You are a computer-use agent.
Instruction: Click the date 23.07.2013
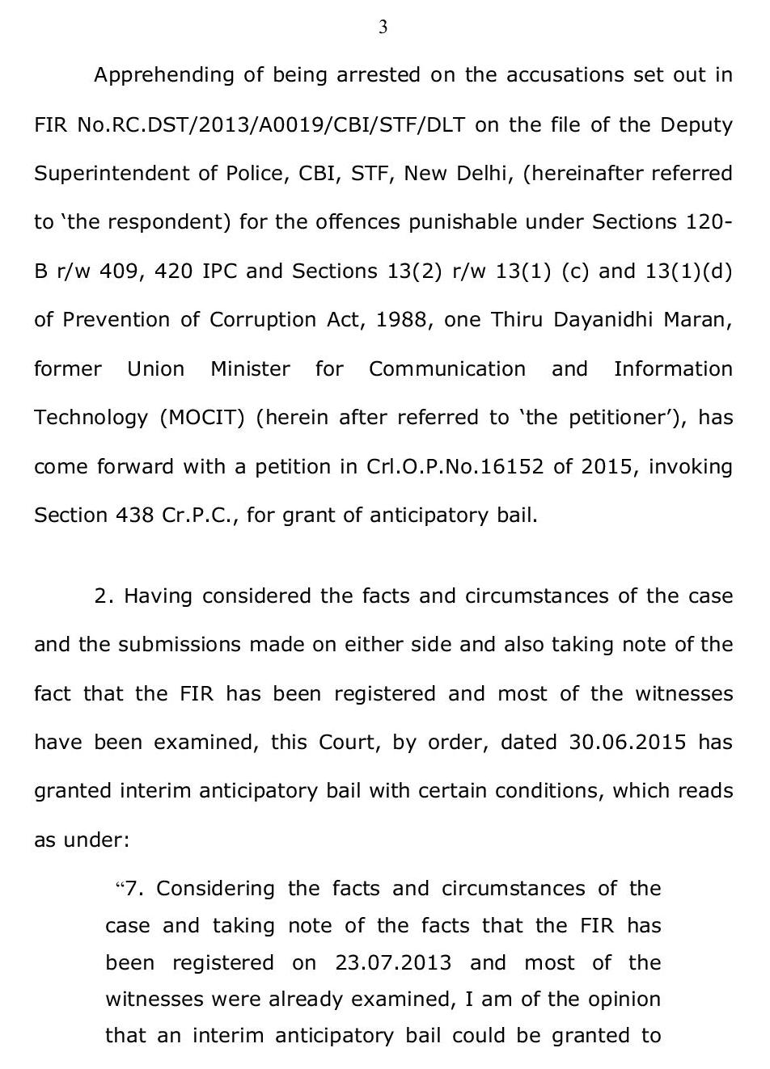coord(393,963)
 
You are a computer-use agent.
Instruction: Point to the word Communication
coord(446,369)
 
